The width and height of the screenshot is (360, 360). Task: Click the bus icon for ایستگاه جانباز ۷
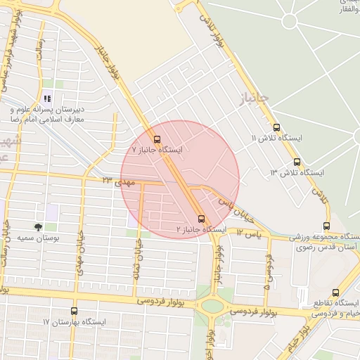click(156, 139)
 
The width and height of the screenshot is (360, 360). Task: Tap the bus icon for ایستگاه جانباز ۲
click(202, 219)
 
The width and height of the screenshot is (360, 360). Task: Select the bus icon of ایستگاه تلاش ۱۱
click(276, 128)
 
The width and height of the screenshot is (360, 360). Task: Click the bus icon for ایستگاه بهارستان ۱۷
click(74, 311)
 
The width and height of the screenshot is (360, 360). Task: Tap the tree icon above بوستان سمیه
click(39, 227)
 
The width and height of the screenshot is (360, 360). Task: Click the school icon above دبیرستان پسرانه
click(47, 98)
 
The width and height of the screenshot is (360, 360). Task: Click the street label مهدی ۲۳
click(117, 182)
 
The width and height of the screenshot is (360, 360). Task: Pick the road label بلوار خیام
click(297, 338)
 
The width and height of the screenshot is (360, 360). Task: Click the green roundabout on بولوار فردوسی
click(210, 306)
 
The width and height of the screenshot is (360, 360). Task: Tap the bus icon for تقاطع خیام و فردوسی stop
click(335, 292)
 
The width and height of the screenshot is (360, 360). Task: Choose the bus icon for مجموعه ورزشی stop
click(326, 226)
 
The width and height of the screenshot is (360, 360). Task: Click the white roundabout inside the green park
click(290, 21)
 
